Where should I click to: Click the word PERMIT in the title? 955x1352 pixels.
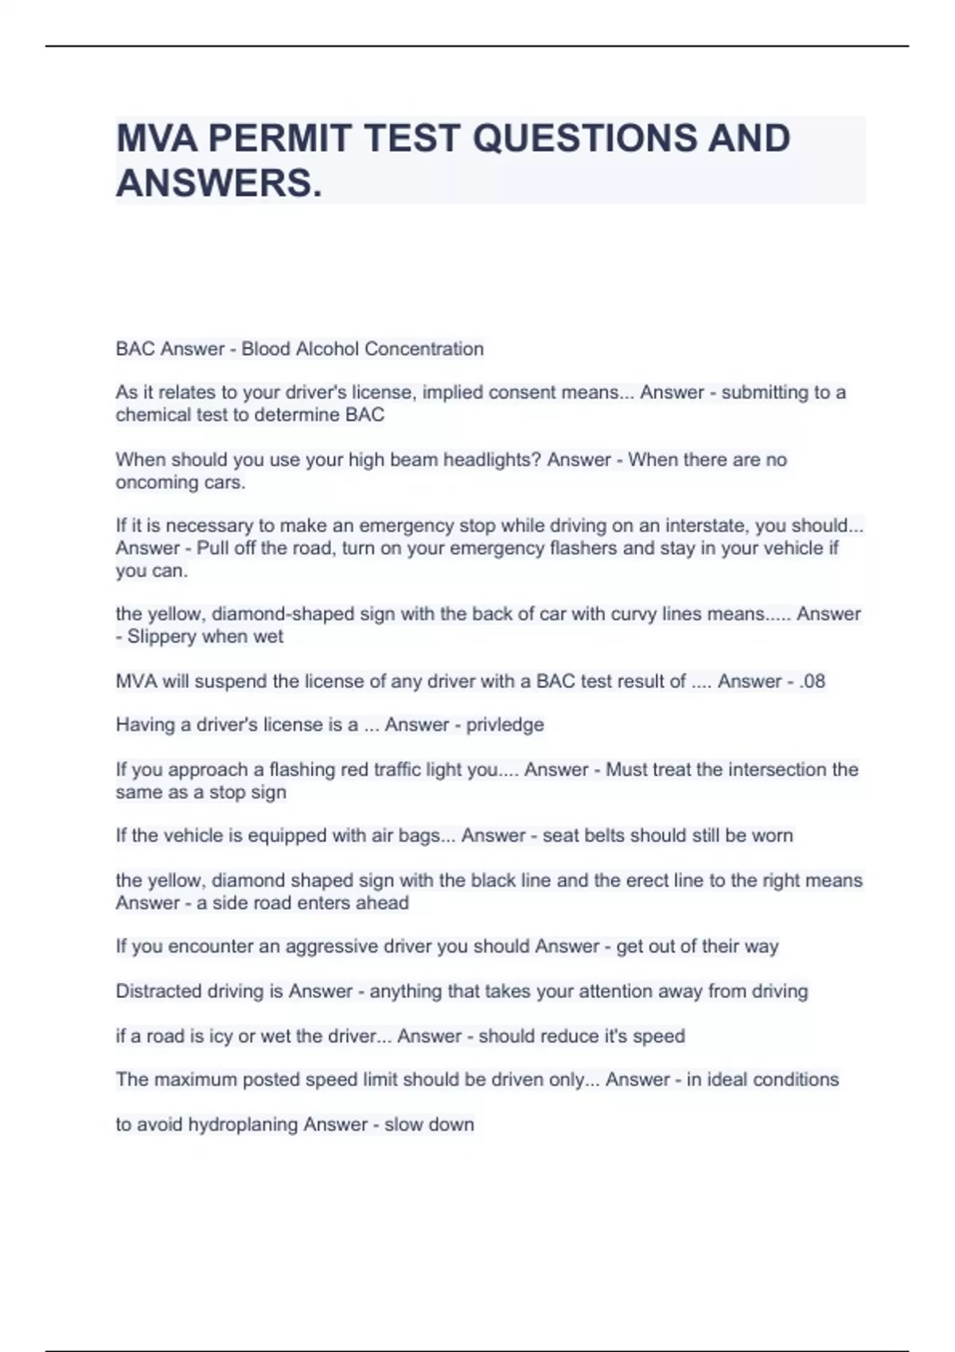pos(279,138)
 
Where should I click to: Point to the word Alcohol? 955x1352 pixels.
pos(327,349)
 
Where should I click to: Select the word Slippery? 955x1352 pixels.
pos(162,637)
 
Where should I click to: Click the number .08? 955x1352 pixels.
pos(812,682)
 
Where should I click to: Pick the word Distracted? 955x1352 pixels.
pos(158,992)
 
